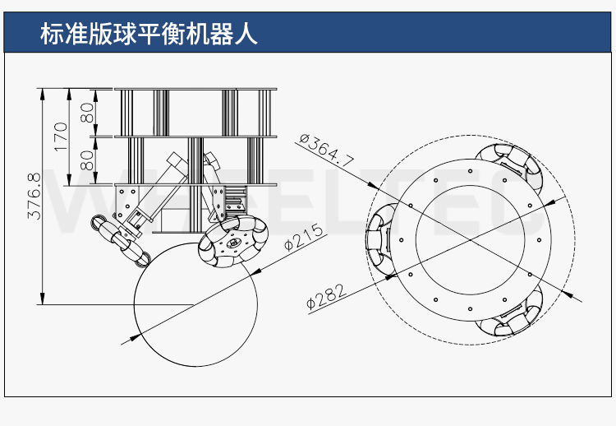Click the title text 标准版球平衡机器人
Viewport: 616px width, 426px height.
(149, 35)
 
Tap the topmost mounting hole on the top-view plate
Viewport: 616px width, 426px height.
(470, 171)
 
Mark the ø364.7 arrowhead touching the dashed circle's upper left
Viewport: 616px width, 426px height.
(370, 186)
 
